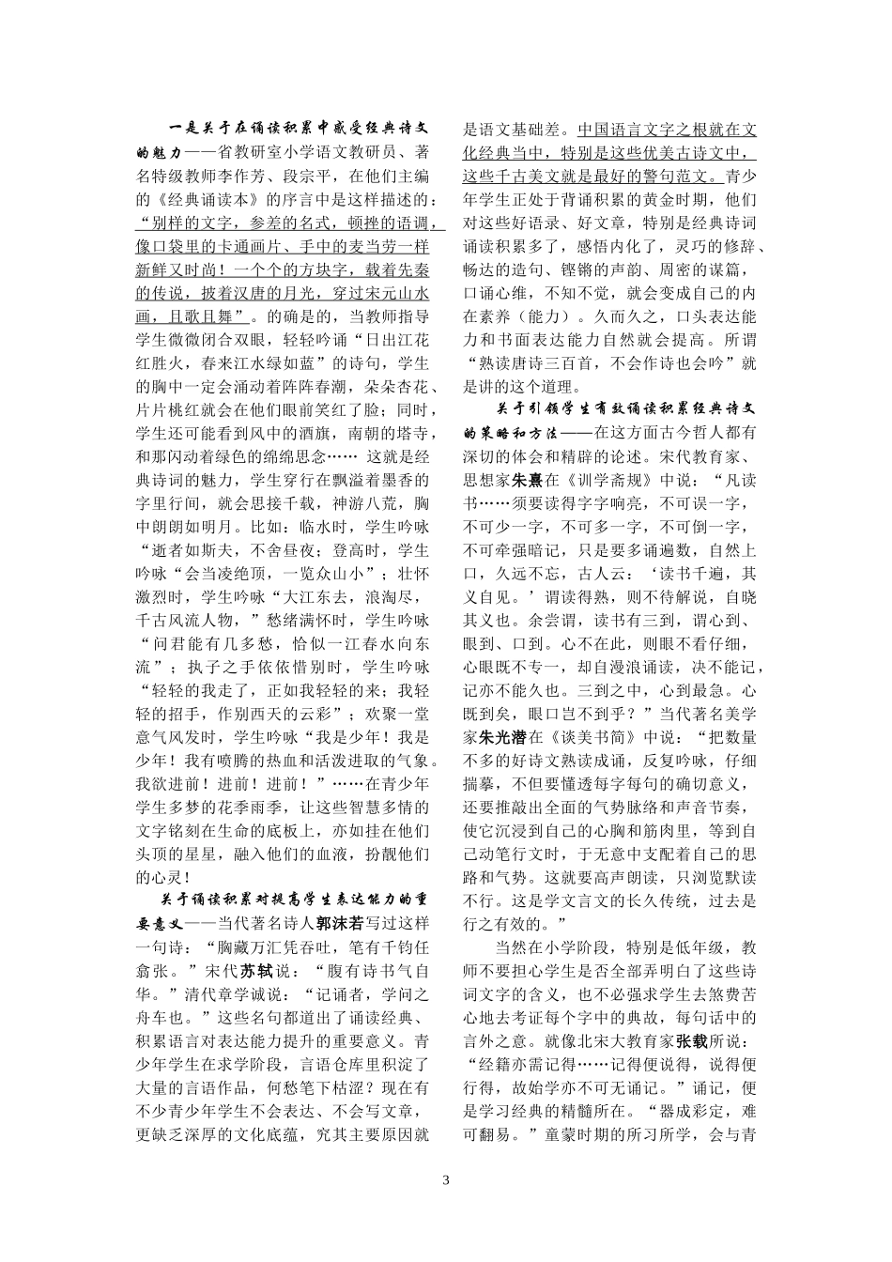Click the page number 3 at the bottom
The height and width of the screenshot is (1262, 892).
point(446,1179)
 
